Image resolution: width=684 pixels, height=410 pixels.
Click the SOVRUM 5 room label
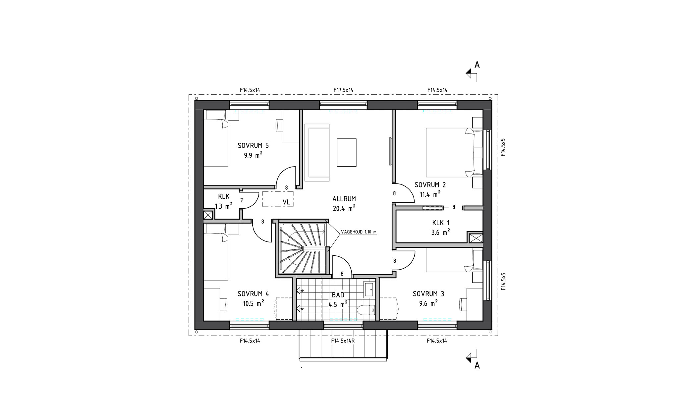pyautogui.click(x=253, y=145)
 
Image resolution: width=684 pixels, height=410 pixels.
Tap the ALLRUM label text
pyautogui.click(x=344, y=199)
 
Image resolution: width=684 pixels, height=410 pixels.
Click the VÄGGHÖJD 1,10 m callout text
pyautogui.click(x=359, y=232)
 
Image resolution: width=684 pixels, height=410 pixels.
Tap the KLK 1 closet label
pyautogui.click(x=441, y=223)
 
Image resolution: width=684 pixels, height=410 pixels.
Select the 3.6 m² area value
pyautogui.click(x=440, y=232)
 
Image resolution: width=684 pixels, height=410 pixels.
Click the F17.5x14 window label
pyautogui.click(x=344, y=90)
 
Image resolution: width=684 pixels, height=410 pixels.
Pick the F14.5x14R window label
pyautogui.click(x=343, y=341)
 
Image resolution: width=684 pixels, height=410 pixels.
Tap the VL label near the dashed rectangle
pyautogui.click(x=286, y=202)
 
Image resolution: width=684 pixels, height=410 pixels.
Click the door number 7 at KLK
pyautogui.click(x=242, y=200)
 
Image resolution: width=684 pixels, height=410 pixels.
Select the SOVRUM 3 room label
pyautogui.click(x=428, y=294)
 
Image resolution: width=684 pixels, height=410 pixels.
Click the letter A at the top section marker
pyautogui.click(x=477, y=65)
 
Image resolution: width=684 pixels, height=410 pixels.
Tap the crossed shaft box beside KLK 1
pyautogui.click(x=475, y=238)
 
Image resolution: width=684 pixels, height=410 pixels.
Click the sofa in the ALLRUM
pyautogui.click(x=317, y=152)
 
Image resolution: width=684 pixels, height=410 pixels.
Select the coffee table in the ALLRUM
pyautogui.click(x=347, y=152)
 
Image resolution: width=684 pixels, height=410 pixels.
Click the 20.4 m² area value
pyautogui.click(x=344, y=208)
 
